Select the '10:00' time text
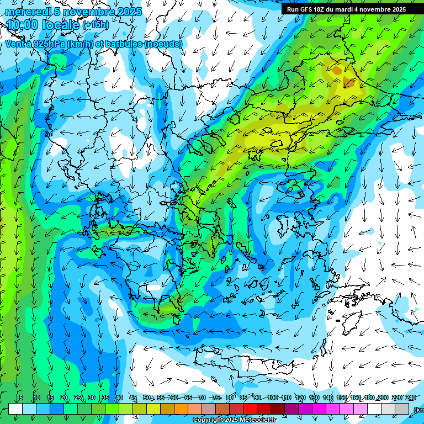pyautogui.click(x=23, y=25)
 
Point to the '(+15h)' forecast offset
pyautogui.click(x=96, y=25)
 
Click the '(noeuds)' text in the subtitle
pyautogui.click(x=163, y=43)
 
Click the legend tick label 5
pyautogui.click(x=21, y=397)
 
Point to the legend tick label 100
pyautogui.click(x=272, y=397)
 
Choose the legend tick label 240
pyautogui.click(x=411, y=397)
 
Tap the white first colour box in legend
pyautogui.click(x=15, y=409)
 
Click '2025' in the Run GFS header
pyautogui.click(x=396, y=9)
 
